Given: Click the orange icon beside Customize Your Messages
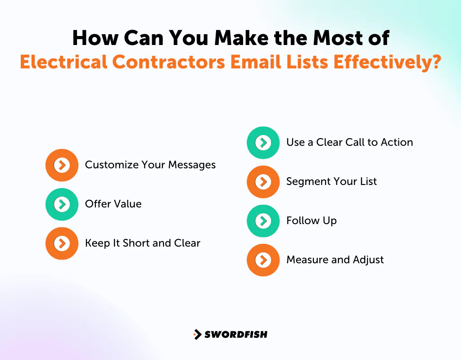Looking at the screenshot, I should [x=62, y=165].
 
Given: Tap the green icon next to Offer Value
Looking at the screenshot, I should [x=62, y=204].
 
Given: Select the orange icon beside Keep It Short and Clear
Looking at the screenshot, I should [x=62, y=243].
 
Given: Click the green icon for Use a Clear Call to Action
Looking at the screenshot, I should [x=263, y=143].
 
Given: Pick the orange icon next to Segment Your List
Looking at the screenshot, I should [x=263, y=182].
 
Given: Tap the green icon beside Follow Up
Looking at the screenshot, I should [x=263, y=221].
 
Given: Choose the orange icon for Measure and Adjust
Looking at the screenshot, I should [x=263, y=260].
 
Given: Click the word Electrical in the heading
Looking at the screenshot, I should [x=63, y=62].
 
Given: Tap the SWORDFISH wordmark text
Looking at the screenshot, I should [x=236, y=334].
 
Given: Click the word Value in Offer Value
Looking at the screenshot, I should [x=128, y=204].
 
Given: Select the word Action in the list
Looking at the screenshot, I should [x=397, y=143].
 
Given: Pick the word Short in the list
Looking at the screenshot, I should [x=136, y=243].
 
